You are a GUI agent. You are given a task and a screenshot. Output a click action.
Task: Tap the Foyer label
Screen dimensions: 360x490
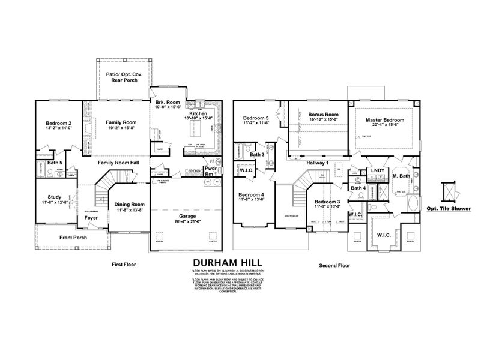[91, 218]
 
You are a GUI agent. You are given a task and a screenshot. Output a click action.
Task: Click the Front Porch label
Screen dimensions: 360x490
[73, 237]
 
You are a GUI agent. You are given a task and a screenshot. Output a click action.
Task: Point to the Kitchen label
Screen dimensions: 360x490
[198, 113]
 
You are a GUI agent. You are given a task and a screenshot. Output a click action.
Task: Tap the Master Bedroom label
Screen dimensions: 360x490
[385, 120]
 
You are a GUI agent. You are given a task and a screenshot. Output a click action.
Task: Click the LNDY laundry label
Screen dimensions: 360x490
[377, 171]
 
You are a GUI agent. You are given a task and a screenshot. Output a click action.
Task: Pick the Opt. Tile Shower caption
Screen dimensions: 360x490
[449, 209]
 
